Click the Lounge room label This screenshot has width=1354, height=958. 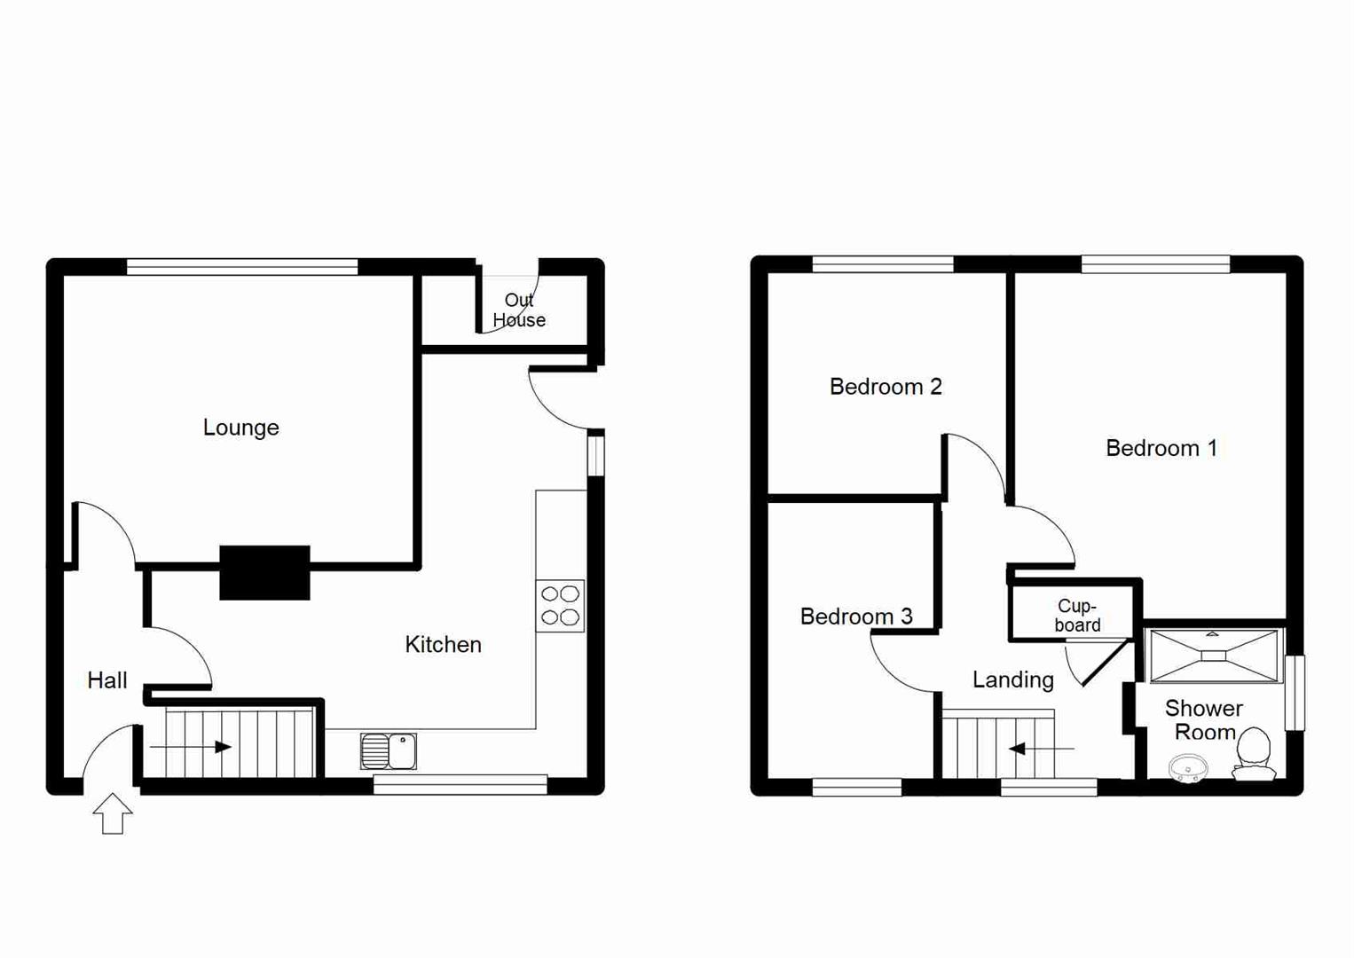tap(240, 428)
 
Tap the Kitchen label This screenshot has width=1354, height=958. tap(443, 645)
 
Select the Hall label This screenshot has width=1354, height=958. tap(107, 680)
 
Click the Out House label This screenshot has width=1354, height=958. tap(519, 310)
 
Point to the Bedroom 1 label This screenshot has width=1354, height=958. tap(1161, 448)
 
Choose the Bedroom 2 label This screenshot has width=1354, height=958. tap(885, 387)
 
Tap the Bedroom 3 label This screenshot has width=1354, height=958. tap(855, 616)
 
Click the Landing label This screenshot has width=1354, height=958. tap(1012, 679)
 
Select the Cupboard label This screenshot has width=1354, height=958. tap(1077, 616)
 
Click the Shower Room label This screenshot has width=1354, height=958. tap(1203, 720)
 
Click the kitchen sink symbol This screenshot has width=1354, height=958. tap(389, 751)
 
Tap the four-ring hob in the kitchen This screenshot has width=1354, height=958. tap(560, 606)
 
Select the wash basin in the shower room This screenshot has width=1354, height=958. tap(1187, 767)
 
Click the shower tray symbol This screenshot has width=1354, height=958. tap(1214, 656)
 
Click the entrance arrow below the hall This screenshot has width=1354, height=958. tap(113, 813)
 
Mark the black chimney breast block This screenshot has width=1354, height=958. tap(264, 572)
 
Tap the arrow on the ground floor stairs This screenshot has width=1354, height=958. tap(191, 748)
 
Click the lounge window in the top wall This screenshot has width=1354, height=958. tap(242, 266)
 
